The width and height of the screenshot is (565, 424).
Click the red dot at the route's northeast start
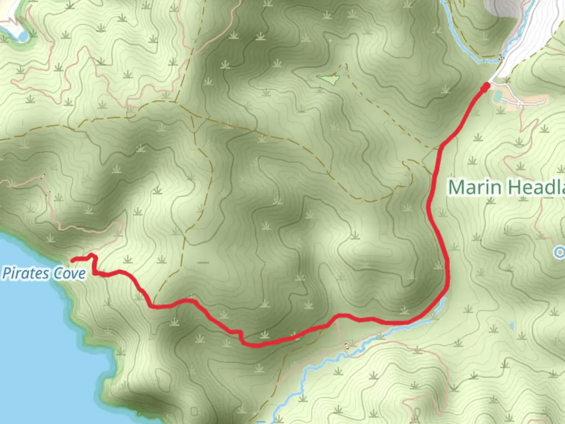click(x=487, y=86)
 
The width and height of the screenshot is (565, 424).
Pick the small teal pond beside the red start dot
click(x=497, y=96)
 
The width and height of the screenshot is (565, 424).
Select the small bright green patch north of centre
click(x=330, y=80)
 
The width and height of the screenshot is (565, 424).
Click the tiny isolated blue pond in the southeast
click(x=512, y=326)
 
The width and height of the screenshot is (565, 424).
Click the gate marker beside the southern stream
click(x=346, y=345)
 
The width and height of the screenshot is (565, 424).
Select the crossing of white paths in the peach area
click(x=519, y=103)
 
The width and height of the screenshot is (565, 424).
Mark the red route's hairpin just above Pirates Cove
click(x=93, y=256)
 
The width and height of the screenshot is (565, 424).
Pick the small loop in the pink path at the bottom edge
click(x=417, y=412)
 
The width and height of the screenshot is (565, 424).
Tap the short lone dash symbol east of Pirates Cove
click(x=204, y=262)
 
